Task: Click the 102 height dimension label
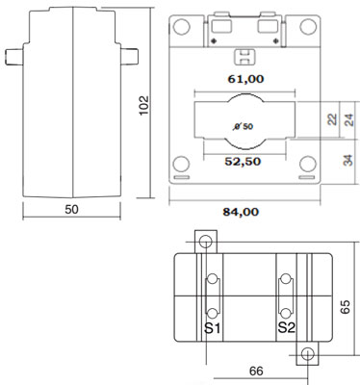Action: click(x=144, y=105)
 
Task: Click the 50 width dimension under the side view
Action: click(x=71, y=210)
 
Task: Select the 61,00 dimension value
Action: click(x=245, y=79)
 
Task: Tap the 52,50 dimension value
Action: click(x=243, y=162)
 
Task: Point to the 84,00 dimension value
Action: click(x=241, y=212)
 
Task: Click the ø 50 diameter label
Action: click(x=244, y=126)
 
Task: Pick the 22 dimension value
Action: click(x=333, y=119)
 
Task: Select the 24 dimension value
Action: click(x=349, y=119)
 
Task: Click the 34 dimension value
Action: click(x=347, y=161)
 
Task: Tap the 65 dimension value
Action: click(x=346, y=307)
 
